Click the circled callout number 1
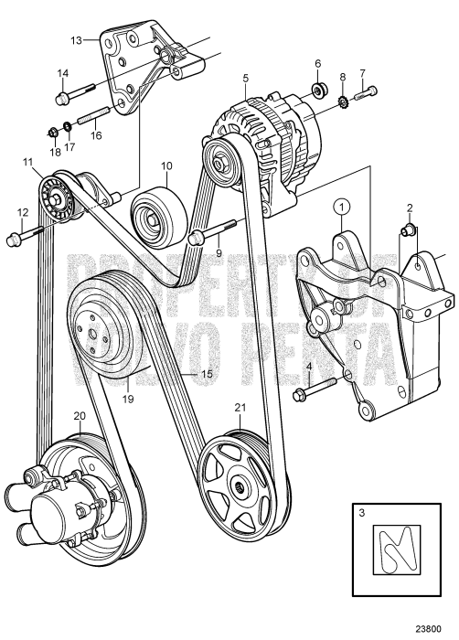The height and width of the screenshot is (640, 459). point(340,208)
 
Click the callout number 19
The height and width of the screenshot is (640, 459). point(131,399)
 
